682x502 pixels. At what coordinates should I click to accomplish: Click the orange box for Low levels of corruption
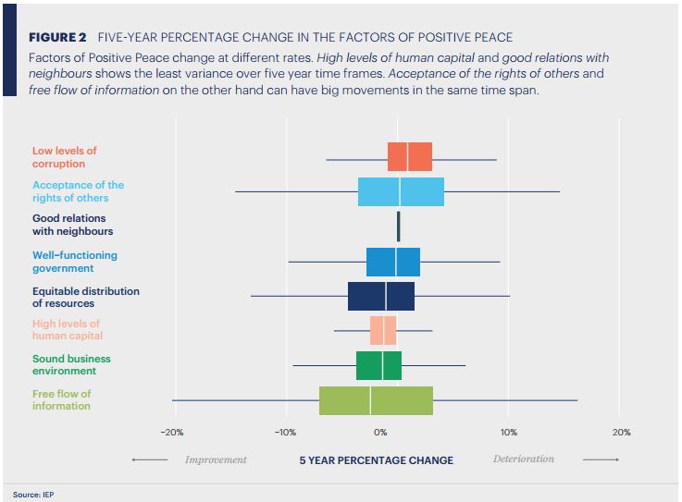coord(409,157)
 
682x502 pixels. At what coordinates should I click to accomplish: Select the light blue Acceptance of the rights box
coord(401,191)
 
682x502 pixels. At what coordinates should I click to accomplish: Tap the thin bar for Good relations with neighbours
coord(399,226)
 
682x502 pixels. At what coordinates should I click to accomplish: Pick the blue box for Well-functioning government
coord(393,262)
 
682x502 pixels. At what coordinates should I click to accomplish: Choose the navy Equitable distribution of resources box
coord(381,296)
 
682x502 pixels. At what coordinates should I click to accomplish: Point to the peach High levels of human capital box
coord(383,330)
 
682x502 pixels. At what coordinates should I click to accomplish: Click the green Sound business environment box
coord(378,365)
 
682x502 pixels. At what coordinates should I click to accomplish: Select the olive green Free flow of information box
coord(376,400)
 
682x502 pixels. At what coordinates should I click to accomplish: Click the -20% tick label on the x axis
coord(172,432)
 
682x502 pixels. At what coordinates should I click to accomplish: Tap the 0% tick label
coord(380,432)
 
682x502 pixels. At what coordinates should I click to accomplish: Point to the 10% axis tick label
coord(508,432)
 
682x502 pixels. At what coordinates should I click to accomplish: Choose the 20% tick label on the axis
coord(621,432)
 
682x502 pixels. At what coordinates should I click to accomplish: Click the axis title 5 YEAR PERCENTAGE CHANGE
coord(376,460)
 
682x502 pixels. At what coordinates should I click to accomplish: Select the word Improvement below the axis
coord(216,459)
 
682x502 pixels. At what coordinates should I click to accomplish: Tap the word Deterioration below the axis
coord(524,459)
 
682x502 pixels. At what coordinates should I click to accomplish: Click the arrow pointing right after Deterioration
coord(601,459)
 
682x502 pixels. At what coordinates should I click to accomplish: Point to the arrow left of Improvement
coord(149,460)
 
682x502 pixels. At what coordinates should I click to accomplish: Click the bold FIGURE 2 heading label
coord(57,37)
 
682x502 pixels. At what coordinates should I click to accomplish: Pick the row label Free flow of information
coord(62,400)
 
